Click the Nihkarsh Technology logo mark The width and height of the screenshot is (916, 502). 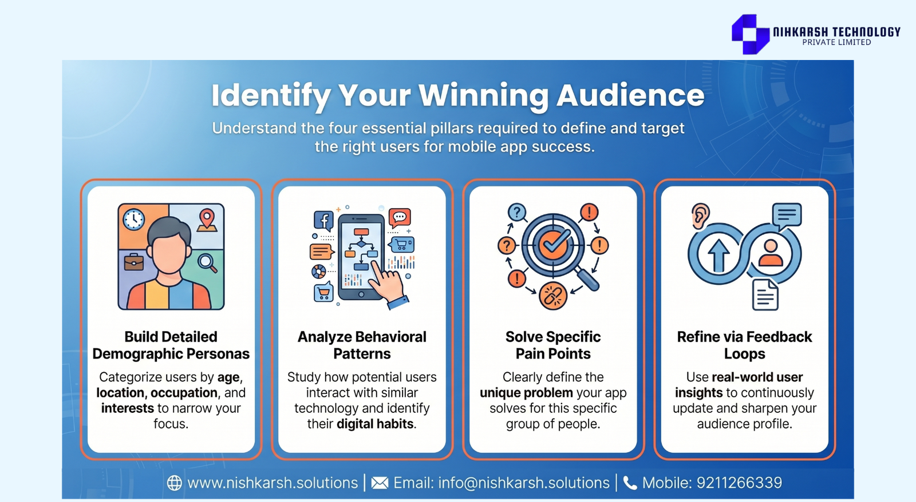pyautogui.click(x=751, y=34)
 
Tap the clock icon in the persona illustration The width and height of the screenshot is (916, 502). pyautogui.click(x=133, y=220)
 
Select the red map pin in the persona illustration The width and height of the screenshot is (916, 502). pyautogui.click(x=207, y=220)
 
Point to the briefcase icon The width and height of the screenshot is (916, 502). pyautogui.click(x=134, y=262)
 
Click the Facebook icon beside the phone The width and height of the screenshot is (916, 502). pyautogui.click(x=323, y=221)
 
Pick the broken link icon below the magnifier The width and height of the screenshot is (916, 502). pyautogui.click(x=553, y=296)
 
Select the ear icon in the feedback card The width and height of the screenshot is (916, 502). pyautogui.click(x=700, y=216)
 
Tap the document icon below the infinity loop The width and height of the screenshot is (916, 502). pyautogui.click(x=765, y=295)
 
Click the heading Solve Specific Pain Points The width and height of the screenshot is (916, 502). pyautogui.click(x=553, y=345)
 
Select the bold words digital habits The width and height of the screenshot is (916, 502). pyautogui.click(x=375, y=424)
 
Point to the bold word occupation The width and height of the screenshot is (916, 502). pyautogui.click(x=184, y=393)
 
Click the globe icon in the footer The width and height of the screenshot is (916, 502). pyautogui.click(x=175, y=483)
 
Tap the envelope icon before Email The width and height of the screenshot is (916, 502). pyautogui.click(x=380, y=483)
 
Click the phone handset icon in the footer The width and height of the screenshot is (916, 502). pyautogui.click(x=630, y=483)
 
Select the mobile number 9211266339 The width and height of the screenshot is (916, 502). pyautogui.click(x=739, y=483)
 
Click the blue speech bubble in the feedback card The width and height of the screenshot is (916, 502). pyautogui.click(x=787, y=216)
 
